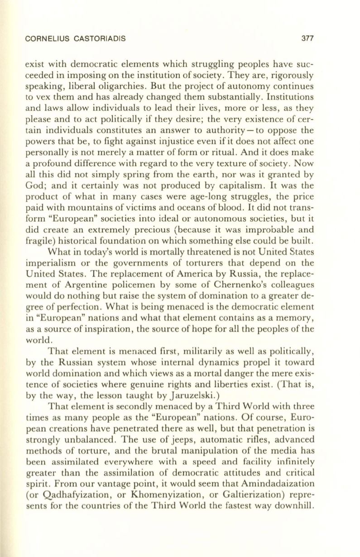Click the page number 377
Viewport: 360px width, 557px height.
(308, 38)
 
